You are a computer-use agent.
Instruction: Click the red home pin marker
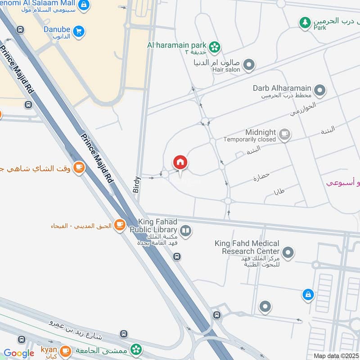tap(180, 162)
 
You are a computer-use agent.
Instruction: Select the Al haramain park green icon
tap(215, 46)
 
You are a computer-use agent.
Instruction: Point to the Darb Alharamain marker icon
tap(320, 91)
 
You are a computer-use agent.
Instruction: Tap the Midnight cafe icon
tap(284, 134)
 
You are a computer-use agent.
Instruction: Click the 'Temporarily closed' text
tap(250, 139)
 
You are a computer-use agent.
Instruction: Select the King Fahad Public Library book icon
tap(186, 231)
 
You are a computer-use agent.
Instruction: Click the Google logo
tap(19, 353)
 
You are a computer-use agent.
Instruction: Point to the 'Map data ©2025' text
tap(336, 355)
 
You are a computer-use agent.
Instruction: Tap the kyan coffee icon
tap(66, 350)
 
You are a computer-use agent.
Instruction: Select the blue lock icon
tap(308, 295)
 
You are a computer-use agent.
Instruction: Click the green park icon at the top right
tap(306, 22)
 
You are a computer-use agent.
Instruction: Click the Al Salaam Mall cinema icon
tap(83, 5)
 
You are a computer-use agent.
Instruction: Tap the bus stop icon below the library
tap(177, 256)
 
